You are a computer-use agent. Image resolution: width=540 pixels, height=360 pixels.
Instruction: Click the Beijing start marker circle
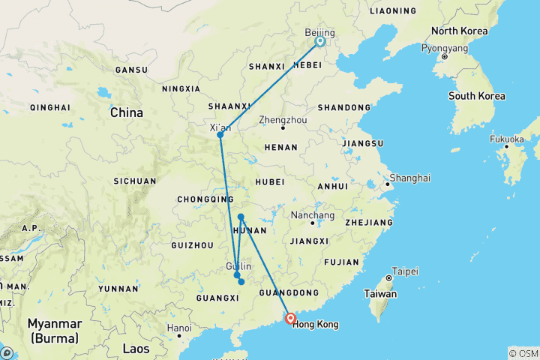coord(320,42)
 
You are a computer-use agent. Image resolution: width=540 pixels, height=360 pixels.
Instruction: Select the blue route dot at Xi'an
coord(220,135)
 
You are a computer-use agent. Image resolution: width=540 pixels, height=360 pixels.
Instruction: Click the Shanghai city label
coord(408,178)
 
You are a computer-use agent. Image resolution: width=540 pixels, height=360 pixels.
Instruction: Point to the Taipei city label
coord(406,271)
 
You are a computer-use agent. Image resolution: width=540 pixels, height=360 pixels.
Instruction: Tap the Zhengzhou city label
coord(282,120)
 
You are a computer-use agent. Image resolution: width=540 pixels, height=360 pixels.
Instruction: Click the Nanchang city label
coord(312,214)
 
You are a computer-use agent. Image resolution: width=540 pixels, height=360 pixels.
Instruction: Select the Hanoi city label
coord(179,328)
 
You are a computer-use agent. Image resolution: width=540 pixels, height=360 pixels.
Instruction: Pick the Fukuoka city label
coord(507,139)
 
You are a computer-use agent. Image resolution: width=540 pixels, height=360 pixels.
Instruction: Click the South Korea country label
coord(476,96)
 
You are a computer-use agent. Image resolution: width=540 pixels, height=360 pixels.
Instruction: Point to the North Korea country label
coord(459,31)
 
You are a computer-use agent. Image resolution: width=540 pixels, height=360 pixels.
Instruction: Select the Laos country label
coord(136,349)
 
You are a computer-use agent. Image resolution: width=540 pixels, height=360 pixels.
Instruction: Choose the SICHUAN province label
coord(135,181)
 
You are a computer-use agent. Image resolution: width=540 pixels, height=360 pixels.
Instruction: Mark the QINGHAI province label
coord(49,107)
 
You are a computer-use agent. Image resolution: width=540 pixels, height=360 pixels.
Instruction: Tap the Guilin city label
coord(238,266)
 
